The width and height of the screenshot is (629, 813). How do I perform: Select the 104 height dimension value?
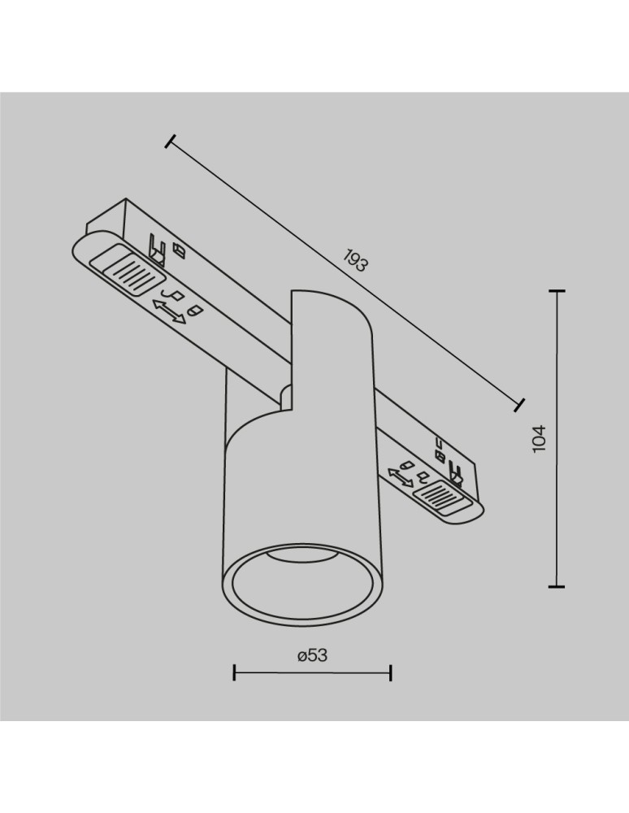pyautogui.click(x=540, y=438)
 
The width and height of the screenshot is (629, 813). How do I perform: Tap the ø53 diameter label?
pyautogui.click(x=312, y=655)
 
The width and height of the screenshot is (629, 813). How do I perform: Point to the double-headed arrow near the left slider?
pyautogui.click(x=170, y=311)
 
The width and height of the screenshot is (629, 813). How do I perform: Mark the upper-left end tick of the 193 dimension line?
pyautogui.click(x=169, y=142)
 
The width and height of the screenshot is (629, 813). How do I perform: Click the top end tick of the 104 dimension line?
pyautogui.click(x=557, y=290)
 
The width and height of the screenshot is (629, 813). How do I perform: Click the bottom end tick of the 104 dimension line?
pyautogui.click(x=557, y=585)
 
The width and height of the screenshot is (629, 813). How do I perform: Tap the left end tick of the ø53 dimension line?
pyautogui.click(x=234, y=672)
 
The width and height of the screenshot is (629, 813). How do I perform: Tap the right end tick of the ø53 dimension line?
pyautogui.click(x=391, y=672)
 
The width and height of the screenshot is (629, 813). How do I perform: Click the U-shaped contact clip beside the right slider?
pyautogui.click(x=455, y=475)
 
